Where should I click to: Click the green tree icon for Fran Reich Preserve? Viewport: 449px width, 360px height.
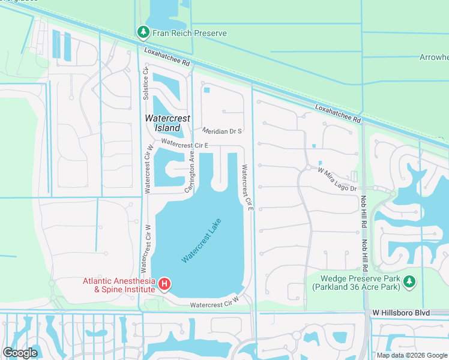point(142,32)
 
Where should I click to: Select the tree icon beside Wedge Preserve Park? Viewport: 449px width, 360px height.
point(409,281)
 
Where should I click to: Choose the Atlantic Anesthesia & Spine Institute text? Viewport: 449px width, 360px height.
point(118,284)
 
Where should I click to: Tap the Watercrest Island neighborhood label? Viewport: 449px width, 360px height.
point(163,123)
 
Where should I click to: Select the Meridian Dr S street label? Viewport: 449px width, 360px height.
point(221,131)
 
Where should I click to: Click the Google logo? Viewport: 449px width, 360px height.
point(20,353)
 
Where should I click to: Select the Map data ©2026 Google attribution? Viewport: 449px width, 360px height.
point(412,355)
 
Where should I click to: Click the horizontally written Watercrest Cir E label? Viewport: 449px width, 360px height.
point(185,145)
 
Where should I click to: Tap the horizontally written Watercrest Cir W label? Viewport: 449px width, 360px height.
point(214,305)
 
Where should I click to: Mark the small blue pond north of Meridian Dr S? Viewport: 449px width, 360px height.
point(207,91)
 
